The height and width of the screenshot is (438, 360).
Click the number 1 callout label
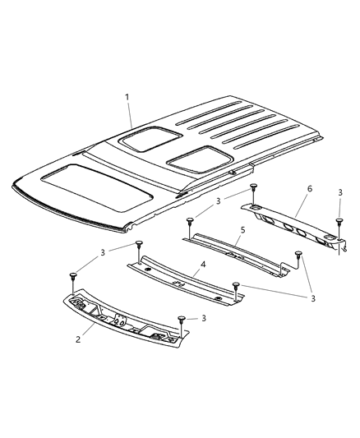point(127,98)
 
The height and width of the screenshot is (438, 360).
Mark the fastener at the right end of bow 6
point(339,222)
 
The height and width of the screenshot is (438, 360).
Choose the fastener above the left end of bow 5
point(190,220)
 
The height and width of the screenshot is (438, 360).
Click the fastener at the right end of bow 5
point(299,256)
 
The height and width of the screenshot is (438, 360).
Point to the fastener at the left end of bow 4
point(139,244)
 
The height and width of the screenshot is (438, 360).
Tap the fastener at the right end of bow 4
point(237,285)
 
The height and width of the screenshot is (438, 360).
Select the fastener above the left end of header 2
point(74,275)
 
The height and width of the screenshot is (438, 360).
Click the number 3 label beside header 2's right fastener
point(204,316)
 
